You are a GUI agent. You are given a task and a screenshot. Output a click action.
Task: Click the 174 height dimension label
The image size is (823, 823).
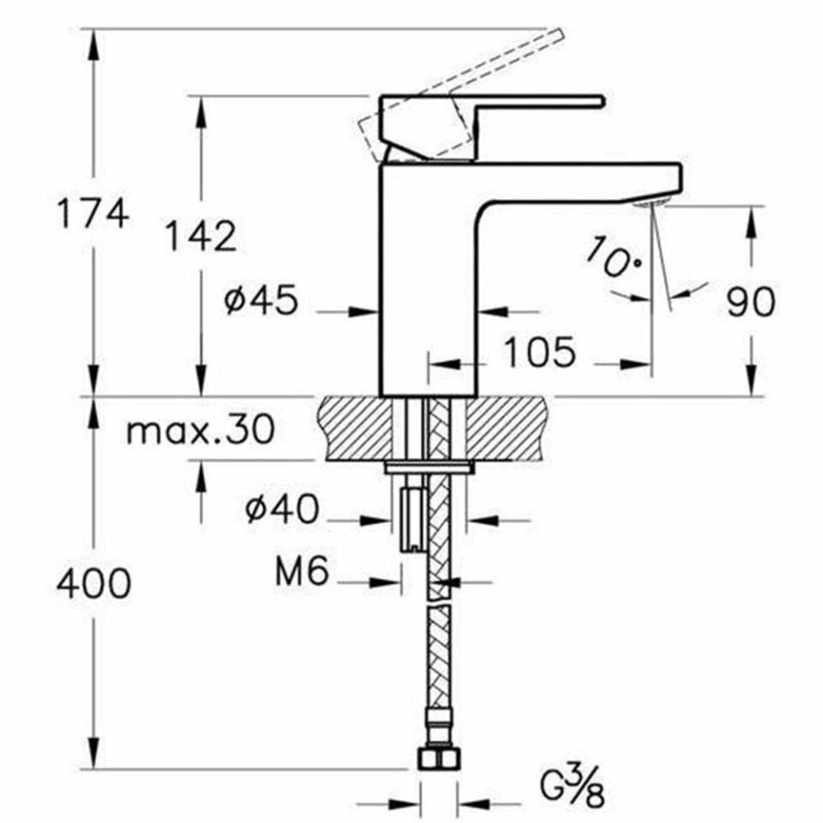93,213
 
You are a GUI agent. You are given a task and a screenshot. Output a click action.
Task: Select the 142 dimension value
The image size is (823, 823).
200,236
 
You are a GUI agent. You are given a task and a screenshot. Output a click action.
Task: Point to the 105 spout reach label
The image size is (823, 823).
538,352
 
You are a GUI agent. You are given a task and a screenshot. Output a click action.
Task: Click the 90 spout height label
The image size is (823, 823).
751,302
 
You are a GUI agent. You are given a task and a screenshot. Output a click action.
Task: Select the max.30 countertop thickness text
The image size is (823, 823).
201,430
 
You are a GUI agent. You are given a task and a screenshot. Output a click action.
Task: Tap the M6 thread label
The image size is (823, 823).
302,573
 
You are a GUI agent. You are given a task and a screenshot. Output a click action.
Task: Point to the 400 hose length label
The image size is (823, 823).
93,584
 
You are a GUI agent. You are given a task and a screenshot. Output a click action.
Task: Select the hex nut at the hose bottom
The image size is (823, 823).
438,759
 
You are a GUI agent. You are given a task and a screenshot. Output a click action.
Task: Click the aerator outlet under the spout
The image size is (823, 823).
649,202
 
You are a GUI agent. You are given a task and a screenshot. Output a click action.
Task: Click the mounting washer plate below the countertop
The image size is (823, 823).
430,467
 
